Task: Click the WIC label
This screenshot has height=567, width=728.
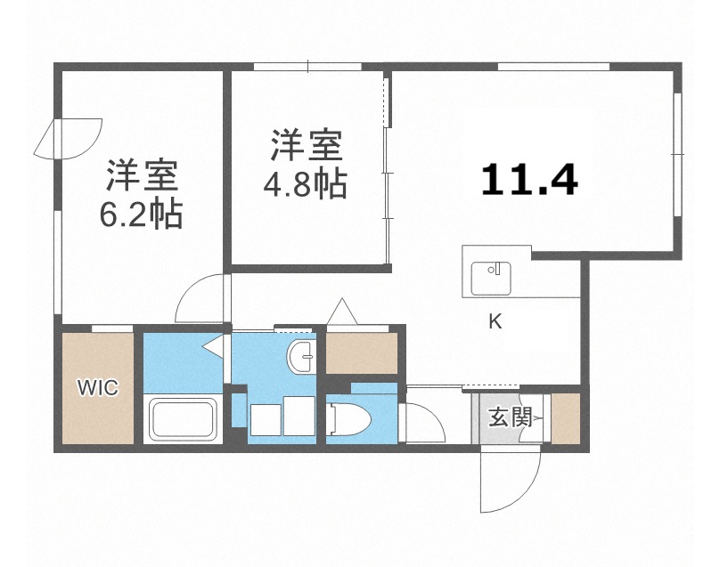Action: pyautogui.click(x=97, y=388)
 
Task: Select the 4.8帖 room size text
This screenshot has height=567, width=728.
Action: pyautogui.click(x=305, y=185)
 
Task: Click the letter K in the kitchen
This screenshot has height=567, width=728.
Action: pyautogui.click(x=495, y=322)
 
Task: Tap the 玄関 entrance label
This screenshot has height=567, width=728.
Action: pyautogui.click(x=510, y=416)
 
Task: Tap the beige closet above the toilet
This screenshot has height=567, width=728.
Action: pyautogui.click(x=362, y=352)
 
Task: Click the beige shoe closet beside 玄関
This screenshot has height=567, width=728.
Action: pyautogui.click(x=567, y=417)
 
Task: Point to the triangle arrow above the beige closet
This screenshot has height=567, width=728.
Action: pyautogui.click(x=342, y=312)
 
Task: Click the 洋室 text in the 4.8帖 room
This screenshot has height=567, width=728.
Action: pyautogui.click(x=305, y=145)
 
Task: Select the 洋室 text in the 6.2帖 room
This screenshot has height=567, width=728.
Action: pyautogui.click(x=143, y=175)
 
